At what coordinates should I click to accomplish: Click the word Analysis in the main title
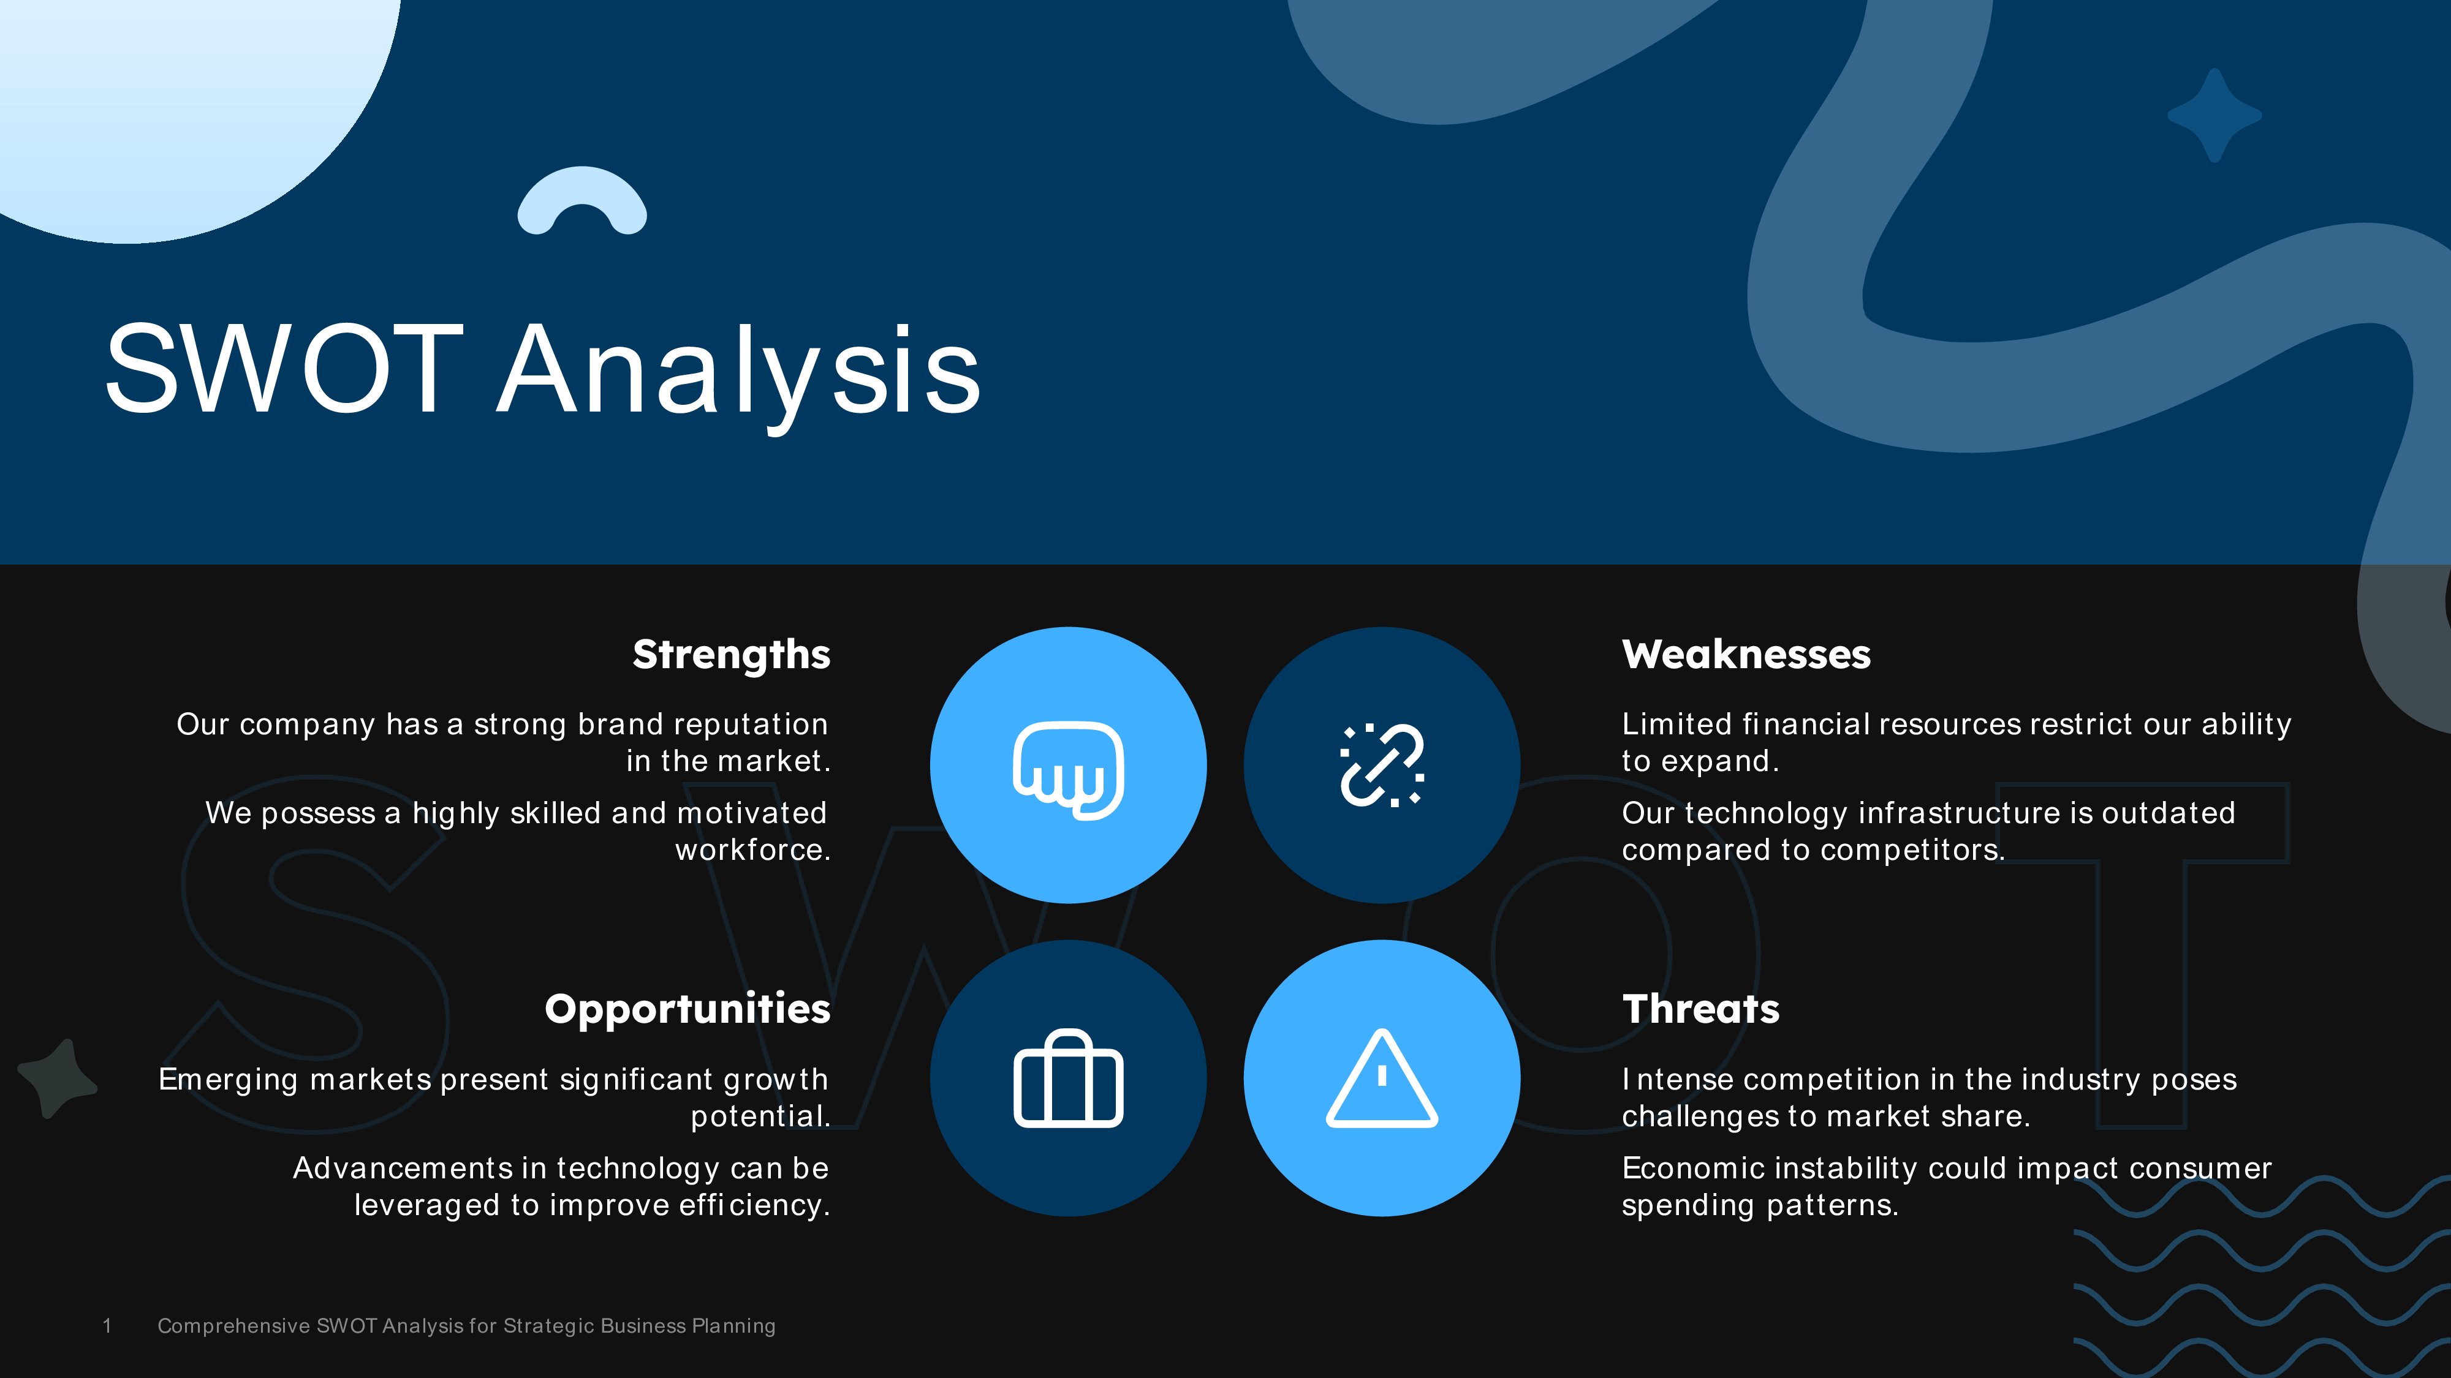click(x=738, y=371)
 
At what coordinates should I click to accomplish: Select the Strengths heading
click(x=731, y=654)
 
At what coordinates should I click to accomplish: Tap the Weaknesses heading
click(x=1746, y=654)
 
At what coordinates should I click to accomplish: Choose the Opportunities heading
click(x=687, y=1009)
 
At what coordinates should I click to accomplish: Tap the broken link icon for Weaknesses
click(x=1382, y=766)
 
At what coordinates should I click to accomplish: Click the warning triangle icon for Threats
click(x=1382, y=1079)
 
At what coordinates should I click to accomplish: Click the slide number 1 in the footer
click(x=107, y=1326)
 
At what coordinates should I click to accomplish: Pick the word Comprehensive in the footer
click(x=233, y=1326)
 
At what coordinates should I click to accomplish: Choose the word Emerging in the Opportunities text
click(x=229, y=1079)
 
